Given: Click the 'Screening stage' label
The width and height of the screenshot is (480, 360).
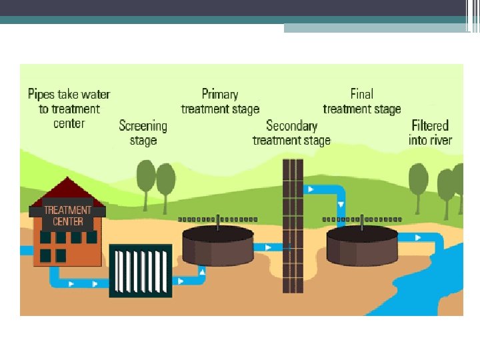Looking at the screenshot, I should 143,133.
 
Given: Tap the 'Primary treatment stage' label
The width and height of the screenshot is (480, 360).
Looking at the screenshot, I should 220,101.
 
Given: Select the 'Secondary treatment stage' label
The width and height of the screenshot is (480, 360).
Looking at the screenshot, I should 291,133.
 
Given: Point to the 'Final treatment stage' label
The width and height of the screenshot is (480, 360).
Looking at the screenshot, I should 362,101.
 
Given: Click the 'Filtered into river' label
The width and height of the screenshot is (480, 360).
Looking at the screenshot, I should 430,133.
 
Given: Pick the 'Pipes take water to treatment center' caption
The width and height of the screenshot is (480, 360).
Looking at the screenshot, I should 69,109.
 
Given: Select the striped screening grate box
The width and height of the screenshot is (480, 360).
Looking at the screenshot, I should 141,269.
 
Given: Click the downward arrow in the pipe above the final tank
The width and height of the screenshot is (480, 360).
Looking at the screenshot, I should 341,204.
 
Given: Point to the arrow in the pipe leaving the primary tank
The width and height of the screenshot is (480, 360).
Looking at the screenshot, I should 268,247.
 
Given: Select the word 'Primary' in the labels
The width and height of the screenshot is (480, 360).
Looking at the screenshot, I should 220,94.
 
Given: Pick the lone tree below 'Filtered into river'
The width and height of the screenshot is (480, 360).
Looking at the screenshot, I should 418,183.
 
